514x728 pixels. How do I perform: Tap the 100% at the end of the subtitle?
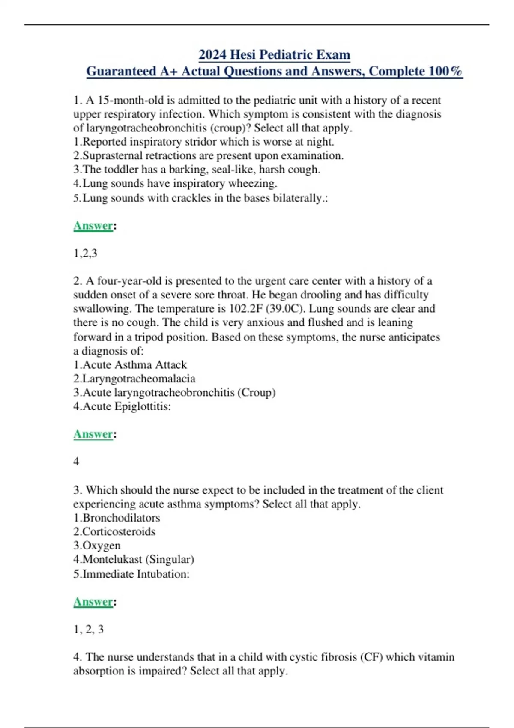445,71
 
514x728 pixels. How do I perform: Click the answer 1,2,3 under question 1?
85,253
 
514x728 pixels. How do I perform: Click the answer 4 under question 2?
76,461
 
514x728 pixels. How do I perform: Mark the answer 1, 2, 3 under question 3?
88,629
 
